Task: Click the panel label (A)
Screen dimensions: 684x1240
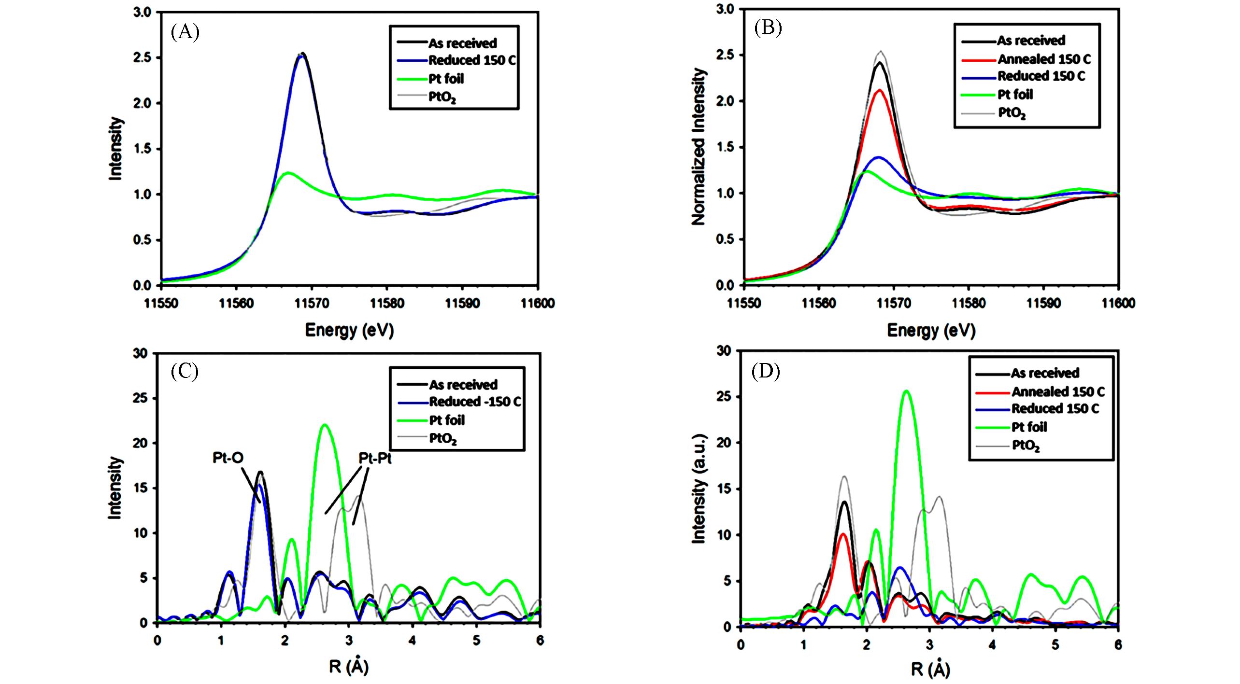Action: (x=185, y=32)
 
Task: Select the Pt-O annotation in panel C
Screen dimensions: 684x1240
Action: (x=228, y=458)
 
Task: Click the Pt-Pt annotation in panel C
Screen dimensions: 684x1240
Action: (x=375, y=458)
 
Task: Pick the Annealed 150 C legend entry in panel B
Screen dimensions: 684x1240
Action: (x=1044, y=59)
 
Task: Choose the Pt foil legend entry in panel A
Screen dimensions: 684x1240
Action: (x=446, y=79)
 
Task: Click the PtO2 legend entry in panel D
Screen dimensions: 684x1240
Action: (x=1026, y=446)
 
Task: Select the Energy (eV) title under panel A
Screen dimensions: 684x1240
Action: (x=349, y=330)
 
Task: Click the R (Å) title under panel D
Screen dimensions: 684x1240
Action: (x=930, y=669)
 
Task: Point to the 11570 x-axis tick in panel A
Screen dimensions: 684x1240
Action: (x=312, y=304)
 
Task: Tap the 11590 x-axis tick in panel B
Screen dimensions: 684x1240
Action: (x=1043, y=304)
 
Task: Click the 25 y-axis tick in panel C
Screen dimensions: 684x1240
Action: (x=140, y=398)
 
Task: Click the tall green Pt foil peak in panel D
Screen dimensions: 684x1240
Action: (x=906, y=391)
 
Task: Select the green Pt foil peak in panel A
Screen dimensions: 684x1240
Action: (x=288, y=173)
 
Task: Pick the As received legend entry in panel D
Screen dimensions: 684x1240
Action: (x=1045, y=373)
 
